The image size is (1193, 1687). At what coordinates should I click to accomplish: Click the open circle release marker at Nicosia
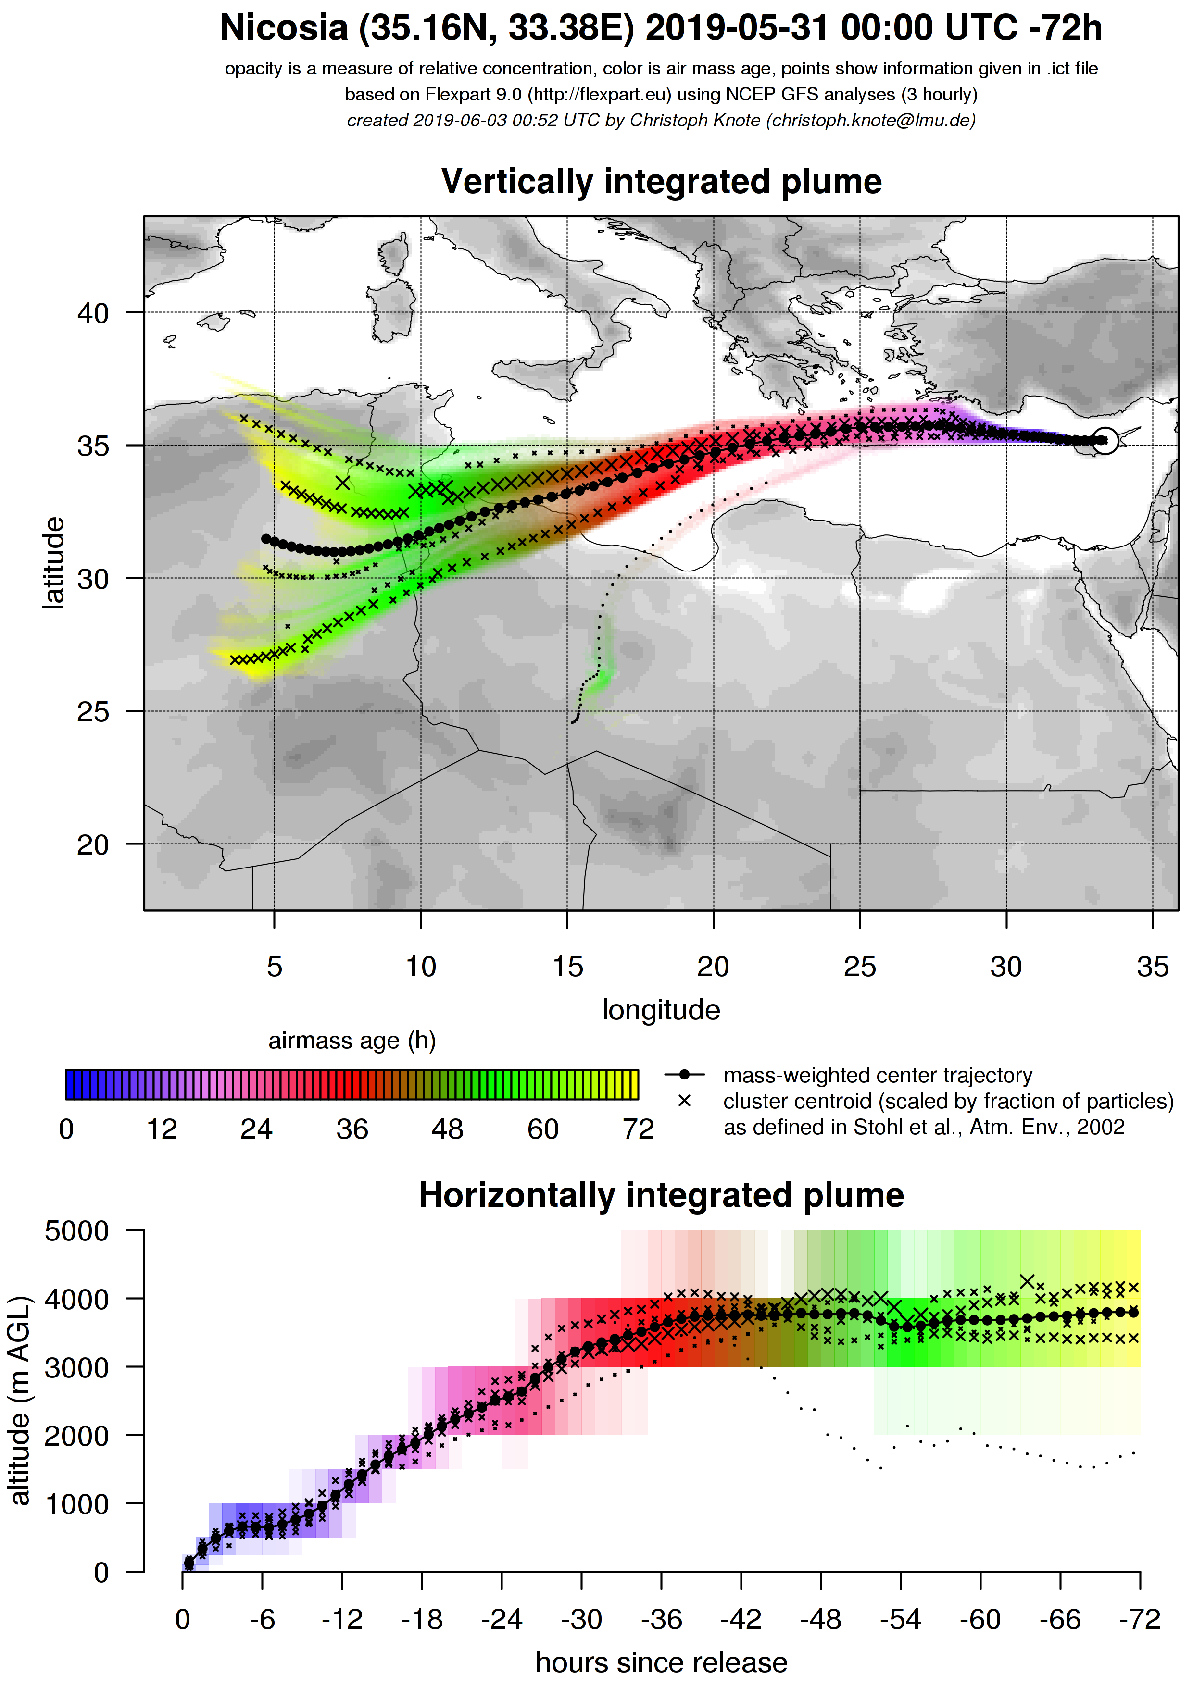[1105, 440]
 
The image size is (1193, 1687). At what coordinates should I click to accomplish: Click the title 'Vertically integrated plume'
[661, 182]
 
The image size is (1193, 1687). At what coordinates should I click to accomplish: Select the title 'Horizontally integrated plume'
[661, 1195]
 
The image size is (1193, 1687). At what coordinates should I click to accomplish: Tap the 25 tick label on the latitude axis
[93, 711]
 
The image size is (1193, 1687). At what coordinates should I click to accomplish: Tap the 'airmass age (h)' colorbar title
[352, 1041]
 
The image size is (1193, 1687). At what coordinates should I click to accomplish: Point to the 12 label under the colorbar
[162, 1129]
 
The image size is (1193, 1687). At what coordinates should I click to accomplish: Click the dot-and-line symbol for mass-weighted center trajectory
[684, 1075]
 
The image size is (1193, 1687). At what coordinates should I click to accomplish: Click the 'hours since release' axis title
[661, 1662]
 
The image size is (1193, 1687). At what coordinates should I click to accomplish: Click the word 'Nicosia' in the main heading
[284, 28]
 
